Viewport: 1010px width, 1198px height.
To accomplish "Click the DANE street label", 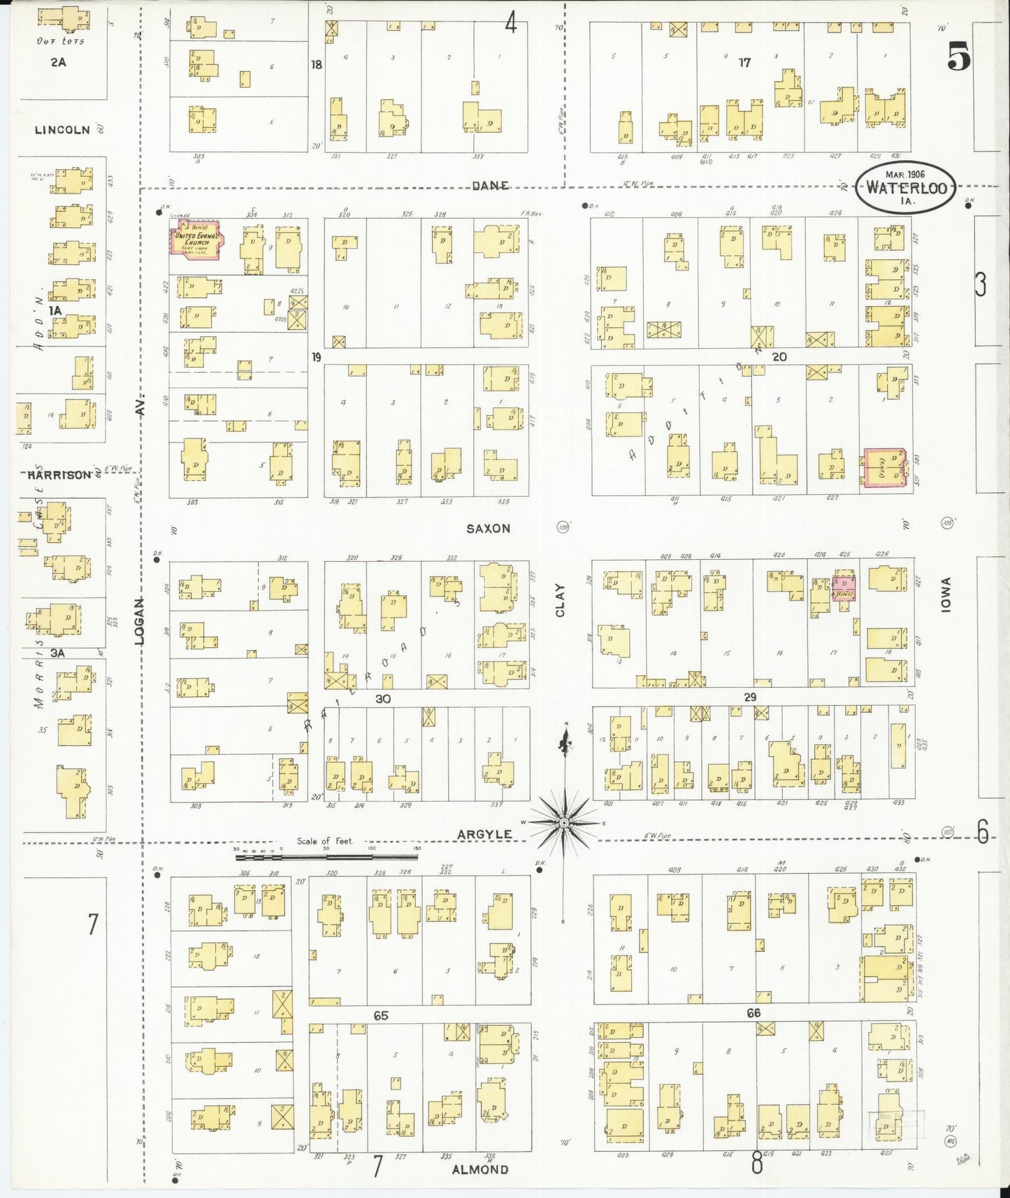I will click(x=490, y=185).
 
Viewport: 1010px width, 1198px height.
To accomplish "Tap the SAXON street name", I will click(x=488, y=528).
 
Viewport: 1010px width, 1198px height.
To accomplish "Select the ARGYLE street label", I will click(x=484, y=835).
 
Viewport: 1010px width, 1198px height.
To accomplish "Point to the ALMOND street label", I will click(x=479, y=1169).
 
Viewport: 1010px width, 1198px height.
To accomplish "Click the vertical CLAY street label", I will click(x=560, y=600).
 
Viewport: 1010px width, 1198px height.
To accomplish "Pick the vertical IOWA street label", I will click(x=946, y=595).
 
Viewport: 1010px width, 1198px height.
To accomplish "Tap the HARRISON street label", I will click(x=59, y=475).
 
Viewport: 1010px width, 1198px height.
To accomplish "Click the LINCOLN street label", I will click(x=62, y=130).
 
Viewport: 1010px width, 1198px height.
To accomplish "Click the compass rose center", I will click(x=564, y=823).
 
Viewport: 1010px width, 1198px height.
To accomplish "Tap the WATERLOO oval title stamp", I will click(x=906, y=187).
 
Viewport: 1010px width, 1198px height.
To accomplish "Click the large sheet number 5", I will click(x=959, y=56).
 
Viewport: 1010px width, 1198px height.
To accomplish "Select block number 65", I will click(x=380, y=1016).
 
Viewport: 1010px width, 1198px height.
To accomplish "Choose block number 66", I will click(x=753, y=1013).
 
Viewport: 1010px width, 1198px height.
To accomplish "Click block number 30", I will click(x=382, y=698).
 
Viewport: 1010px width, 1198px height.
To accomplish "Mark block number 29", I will click(x=750, y=697).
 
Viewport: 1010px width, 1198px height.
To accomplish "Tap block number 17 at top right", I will click(x=744, y=63).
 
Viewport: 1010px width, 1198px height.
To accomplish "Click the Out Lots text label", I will click(x=61, y=41).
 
